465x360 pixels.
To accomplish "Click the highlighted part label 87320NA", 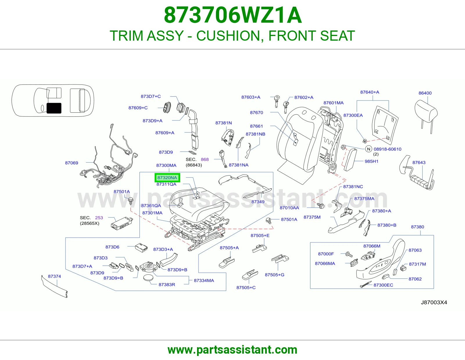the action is [167, 178].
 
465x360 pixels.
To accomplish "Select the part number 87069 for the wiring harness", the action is [71, 163].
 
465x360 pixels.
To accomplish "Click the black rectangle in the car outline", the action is [54, 108].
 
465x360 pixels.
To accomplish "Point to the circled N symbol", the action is [368, 149].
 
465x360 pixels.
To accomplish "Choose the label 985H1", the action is [371, 161].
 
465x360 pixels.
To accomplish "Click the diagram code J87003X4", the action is [434, 303].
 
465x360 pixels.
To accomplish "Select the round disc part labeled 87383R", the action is [148, 278].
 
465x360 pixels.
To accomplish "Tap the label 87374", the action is [54, 276].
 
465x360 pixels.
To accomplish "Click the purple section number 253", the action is [99, 218].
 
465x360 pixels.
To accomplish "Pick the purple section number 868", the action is [205, 159].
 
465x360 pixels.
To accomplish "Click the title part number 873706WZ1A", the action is [233, 15].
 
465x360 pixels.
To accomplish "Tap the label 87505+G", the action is [275, 275].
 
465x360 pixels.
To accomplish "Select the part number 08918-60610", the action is [387, 149].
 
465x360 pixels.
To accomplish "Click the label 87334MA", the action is [204, 280].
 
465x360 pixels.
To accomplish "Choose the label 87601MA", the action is [333, 103].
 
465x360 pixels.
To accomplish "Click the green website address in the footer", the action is [233, 350].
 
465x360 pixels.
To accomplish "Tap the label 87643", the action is [419, 163].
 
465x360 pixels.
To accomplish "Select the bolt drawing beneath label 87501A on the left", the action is [130, 201].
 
